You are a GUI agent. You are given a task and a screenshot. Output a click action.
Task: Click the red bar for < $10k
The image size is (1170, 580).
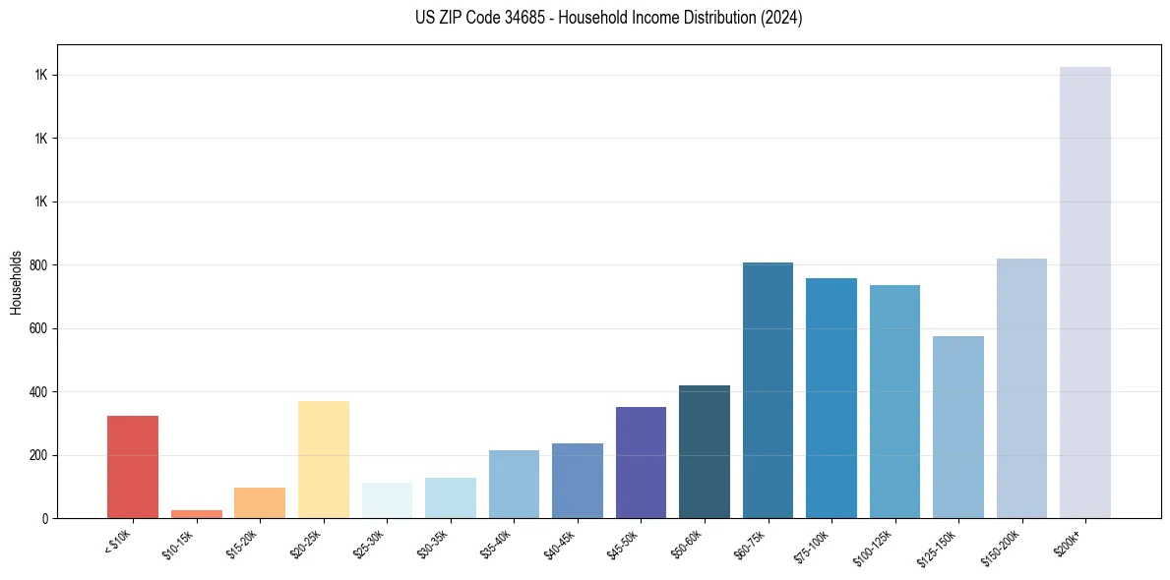coord(133,467)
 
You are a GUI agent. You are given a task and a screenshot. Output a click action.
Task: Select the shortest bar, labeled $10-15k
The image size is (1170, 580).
coord(196,514)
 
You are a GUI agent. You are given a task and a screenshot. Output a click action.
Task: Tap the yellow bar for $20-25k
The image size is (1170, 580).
coord(324,459)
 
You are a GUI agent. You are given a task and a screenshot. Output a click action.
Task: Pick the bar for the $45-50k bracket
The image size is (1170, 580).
coord(641,462)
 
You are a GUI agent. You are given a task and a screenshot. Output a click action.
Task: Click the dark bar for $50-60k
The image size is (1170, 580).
coord(705,451)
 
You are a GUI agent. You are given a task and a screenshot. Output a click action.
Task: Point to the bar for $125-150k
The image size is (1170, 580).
coord(958,427)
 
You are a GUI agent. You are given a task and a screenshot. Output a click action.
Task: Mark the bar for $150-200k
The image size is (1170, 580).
coord(1021,388)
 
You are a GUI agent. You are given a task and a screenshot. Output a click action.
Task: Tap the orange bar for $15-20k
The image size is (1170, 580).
coord(260,502)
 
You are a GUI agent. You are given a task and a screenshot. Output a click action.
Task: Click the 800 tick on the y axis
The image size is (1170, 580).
coord(36,265)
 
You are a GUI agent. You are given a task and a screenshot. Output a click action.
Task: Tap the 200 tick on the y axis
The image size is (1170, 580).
coord(36,455)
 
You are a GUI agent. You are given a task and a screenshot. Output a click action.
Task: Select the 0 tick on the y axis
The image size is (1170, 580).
coord(43,519)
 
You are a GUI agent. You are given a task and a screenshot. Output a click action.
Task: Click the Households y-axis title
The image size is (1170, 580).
coord(17,281)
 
